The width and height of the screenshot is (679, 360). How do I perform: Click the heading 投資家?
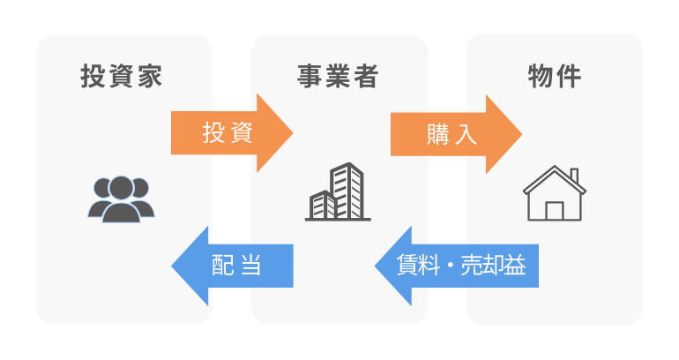(122, 76)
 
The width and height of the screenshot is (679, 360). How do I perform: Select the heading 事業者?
(338, 76)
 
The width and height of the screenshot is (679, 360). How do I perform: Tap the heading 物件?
(555, 77)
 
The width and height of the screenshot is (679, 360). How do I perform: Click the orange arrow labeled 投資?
(232, 133)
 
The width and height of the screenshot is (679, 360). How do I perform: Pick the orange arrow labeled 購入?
(456, 134)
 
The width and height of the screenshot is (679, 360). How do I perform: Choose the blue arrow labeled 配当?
(232, 266)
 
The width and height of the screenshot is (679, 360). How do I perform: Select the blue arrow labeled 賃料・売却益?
(457, 266)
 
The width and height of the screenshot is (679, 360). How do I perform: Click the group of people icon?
(122, 199)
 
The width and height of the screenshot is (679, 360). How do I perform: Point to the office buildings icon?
(338, 192)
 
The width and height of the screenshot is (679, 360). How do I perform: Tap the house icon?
(555, 193)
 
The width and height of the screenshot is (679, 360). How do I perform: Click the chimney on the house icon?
(574, 176)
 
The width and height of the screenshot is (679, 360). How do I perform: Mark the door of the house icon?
(555, 211)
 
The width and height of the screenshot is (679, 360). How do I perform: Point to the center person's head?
(122, 188)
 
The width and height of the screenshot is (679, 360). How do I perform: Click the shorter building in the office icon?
(323, 206)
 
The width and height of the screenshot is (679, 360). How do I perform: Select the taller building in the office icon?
(347, 191)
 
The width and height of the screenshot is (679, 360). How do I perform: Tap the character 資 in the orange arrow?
(241, 133)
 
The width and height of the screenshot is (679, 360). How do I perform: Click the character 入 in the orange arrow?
(466, 134)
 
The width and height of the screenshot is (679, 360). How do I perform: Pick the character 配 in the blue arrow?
(223, 265)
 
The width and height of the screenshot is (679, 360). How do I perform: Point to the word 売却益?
(493, 265)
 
